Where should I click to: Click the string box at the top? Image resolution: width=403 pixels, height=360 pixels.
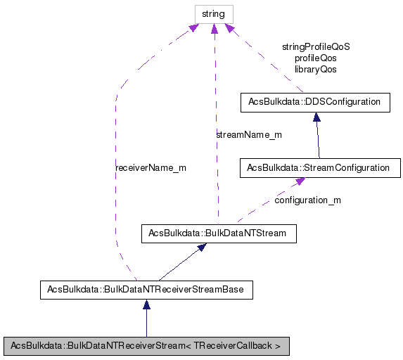click(x=214, y=13)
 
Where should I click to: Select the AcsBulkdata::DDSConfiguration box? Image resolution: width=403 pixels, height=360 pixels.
click(x=314, y=102)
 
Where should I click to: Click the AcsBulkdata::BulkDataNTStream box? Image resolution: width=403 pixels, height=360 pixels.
click(x=218, y=233)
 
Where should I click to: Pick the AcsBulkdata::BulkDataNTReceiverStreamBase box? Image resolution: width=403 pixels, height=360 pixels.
click(x=146, y=288)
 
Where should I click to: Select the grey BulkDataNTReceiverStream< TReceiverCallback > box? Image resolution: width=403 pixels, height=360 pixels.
click(x=146, y=346)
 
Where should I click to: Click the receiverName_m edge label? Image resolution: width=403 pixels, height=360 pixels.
click(x=151, y=168)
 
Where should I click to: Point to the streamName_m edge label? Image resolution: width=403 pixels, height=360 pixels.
click(x=249, y=134)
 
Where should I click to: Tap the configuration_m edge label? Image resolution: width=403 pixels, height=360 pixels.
click(x=307, y=200)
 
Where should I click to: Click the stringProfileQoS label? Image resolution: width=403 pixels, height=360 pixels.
click(x=316, y=46)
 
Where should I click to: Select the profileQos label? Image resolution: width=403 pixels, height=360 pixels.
click(x=316, y=58)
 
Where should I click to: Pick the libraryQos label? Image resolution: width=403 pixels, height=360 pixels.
click(x=316, y=69)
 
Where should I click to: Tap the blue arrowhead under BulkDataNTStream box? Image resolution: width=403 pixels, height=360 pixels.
click(x=201, y=248)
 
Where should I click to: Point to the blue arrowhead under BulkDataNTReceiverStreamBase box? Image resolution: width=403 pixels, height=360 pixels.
click(x=146, y=304)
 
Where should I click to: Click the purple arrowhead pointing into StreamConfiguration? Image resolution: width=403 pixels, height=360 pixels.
click(x=300, y=181)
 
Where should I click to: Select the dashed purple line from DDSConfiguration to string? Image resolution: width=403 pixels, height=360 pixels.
click(x=267, y=63)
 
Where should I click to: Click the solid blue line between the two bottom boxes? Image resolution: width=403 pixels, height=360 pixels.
click(x=146, y=323)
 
